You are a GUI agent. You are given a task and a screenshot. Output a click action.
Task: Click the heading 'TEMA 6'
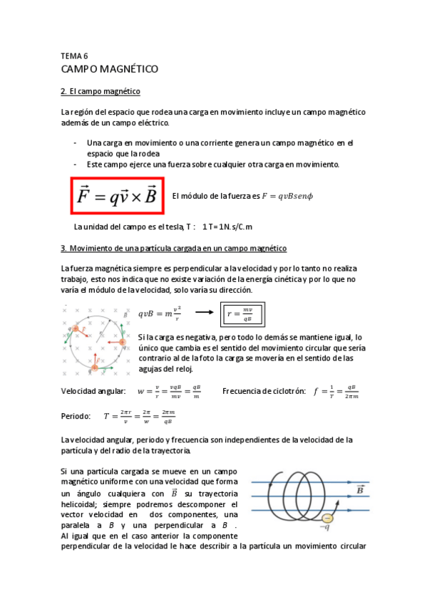pos(74,55)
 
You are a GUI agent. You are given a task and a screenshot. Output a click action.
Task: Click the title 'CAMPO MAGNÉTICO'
pos(109,69)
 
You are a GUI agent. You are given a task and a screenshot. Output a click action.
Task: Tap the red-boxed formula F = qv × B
pos(118,194)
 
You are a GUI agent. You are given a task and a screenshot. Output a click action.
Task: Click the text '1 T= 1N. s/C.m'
pos(228,227)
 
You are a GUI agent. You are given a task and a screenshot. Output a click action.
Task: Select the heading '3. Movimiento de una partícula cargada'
pos(174,249)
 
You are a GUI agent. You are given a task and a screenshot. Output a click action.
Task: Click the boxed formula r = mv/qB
pos(244,313)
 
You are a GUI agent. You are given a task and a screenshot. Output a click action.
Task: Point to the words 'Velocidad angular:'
pos(93,391)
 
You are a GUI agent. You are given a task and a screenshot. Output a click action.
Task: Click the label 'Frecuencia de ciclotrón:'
pos(264,391)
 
